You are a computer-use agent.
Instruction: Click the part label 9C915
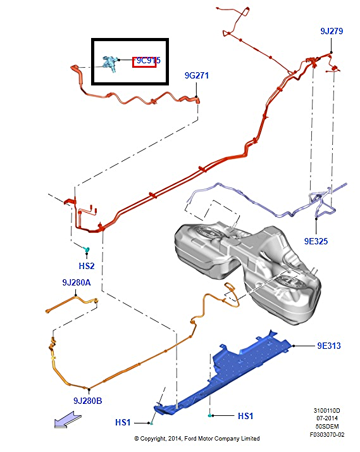tap(148, 61)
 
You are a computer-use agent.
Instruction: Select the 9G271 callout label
tap(196, 75)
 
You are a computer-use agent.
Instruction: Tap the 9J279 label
tap(332, 31)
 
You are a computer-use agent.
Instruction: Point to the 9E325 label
tap(316, 241)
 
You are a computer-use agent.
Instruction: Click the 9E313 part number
tap(329, 346)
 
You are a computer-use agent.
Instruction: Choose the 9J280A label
tap(77, 282)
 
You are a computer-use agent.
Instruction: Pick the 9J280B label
tap(87, 401)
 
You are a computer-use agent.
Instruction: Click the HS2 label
tap(87, 266)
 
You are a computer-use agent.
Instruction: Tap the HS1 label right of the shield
tap(245, 416)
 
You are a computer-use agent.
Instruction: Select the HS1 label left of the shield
tap(123, 423)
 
